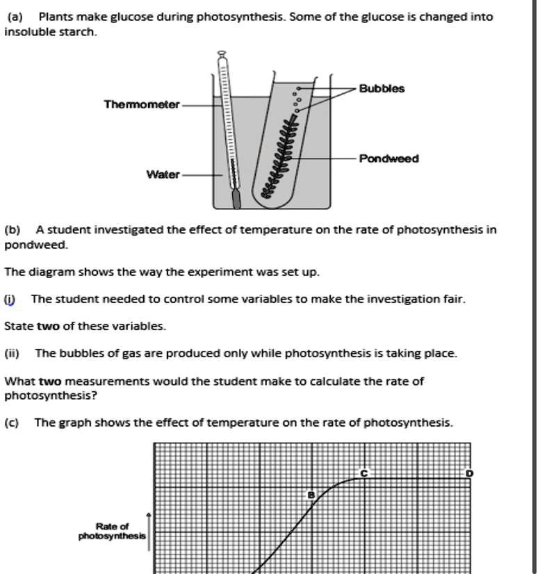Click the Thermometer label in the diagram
click(x=141, y=104)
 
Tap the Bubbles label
click(x=382, y=89)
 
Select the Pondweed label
click(x=388, y=158)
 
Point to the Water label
click(x=163, y=174)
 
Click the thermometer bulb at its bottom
click(x=236, y=199)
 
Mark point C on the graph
click(x=363, y=473)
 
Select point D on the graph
click(x=469, y=473)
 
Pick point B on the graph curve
click(x=311, y=495)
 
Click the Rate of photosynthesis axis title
click(x=112, y=531)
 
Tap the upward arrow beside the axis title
click(x=149, y=532)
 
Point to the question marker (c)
click(x=12, y=423)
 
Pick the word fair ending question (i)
click(x=452, y=299)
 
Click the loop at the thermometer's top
click(x=222, y=54)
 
